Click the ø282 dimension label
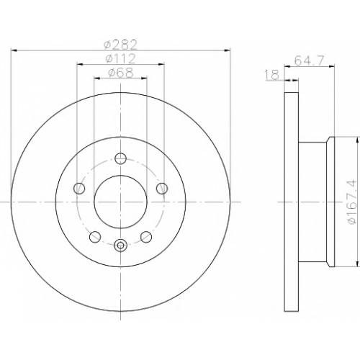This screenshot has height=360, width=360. [120, 45]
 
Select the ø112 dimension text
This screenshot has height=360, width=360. [120, 58]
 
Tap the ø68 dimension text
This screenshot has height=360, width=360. [120, 73]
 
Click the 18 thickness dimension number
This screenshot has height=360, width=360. [272, 75]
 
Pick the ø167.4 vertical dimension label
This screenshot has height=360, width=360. [353, 202]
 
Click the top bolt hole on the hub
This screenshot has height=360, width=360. [120, 158]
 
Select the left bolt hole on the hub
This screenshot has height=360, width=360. [79, 188]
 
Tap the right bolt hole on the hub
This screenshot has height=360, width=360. [162, 188]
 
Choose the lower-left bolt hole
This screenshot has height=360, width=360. [95, 237]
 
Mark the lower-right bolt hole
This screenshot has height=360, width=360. [146, 237]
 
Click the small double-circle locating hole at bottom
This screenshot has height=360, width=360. [120, 245]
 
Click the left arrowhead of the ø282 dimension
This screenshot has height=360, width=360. [14, 50]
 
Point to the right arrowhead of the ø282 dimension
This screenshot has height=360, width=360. [227, 50]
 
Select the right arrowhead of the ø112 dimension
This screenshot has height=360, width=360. [161, 64]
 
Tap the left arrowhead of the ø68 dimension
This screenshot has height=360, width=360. [97, 78]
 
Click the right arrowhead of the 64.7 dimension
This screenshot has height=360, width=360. [331, 66]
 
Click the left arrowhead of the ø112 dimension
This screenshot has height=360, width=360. [80, 64]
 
